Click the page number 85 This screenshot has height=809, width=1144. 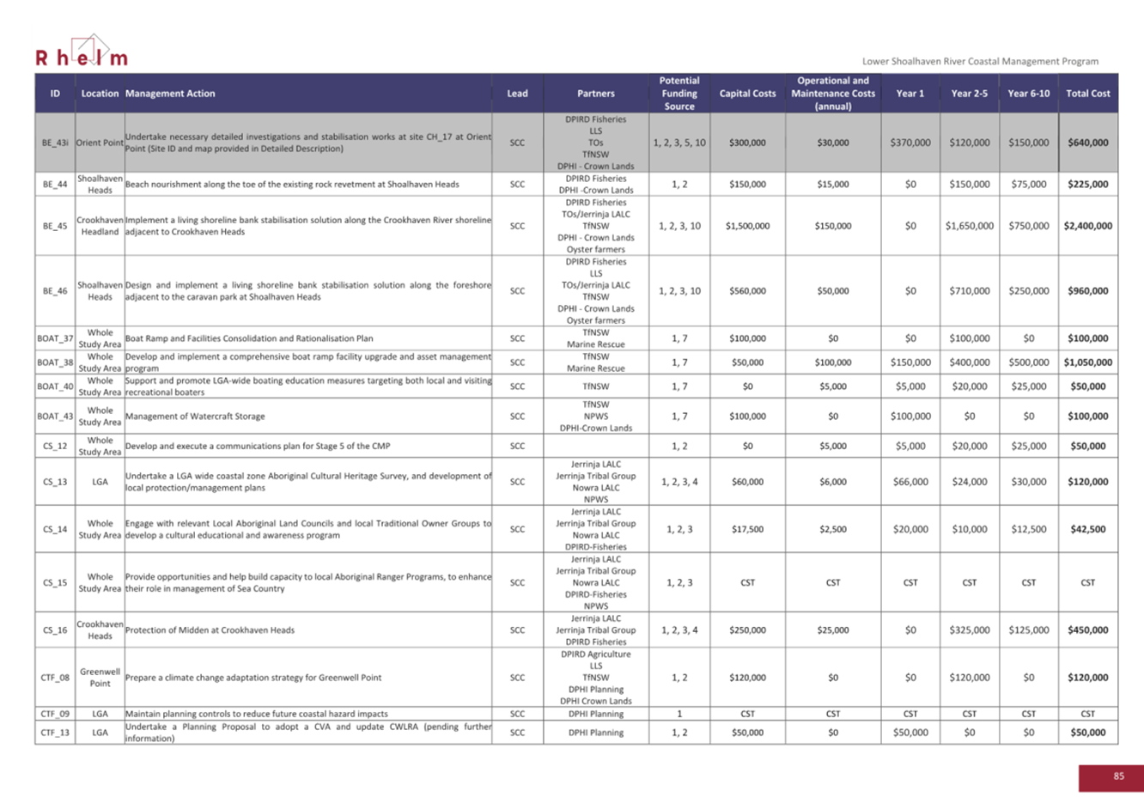1118,776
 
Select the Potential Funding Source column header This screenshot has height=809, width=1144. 679,94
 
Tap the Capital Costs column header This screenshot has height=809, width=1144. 747,94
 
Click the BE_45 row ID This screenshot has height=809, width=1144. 55,226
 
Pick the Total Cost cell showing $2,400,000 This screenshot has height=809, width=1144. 1087,226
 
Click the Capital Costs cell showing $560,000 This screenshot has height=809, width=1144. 747,291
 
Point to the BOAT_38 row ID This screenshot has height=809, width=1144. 55,362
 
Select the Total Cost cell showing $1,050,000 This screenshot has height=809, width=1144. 1087,362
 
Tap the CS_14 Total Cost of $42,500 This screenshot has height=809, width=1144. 1087,529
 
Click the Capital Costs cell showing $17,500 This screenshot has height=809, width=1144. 747,529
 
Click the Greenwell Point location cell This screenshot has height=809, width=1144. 100,678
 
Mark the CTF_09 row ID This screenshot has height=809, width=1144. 55,714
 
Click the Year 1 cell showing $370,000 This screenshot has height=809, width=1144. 910,143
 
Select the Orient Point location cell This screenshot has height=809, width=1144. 100,143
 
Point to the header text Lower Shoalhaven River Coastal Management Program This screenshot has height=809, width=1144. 980,61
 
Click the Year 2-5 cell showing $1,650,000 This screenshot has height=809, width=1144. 969,226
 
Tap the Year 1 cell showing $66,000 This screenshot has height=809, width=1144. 910,482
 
